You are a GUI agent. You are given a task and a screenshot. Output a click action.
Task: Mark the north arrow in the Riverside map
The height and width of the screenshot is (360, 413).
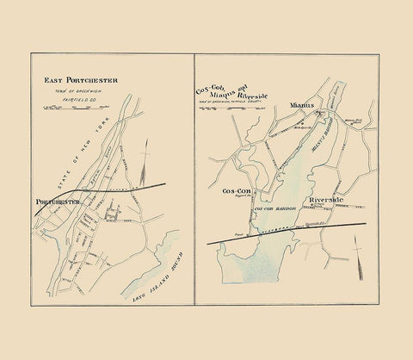358,250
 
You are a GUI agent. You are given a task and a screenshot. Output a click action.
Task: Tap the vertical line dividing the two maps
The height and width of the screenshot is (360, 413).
194,172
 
